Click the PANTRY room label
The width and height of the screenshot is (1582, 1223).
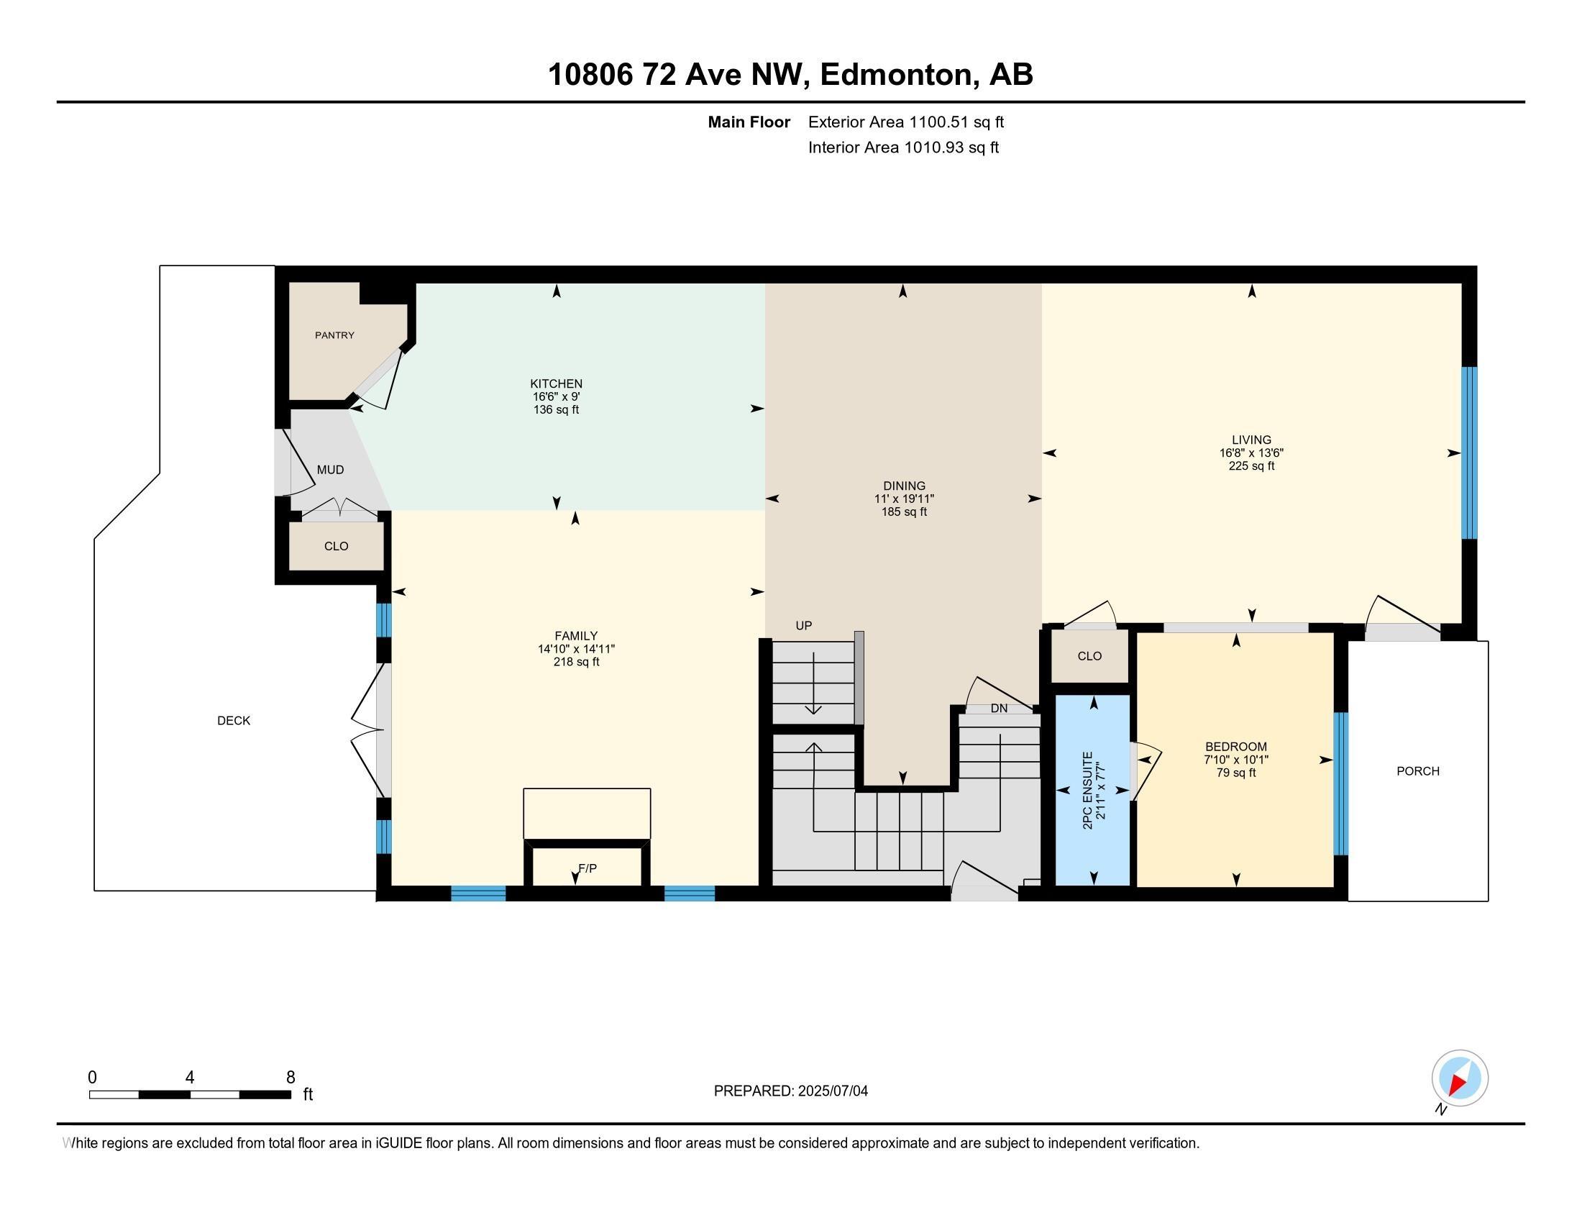[334, 335]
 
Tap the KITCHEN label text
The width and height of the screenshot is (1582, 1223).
[556, 383]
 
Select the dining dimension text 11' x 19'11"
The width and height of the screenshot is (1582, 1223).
[903, 499]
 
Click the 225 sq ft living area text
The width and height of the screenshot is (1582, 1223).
[1251, 466]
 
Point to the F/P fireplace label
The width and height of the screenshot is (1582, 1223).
[587, 868]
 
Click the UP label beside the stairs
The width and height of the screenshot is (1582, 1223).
[803, 625]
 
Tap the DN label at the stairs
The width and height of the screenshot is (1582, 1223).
[999, 708]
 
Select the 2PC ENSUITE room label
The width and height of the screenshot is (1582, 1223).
[1087, 791]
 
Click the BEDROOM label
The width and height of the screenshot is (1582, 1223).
[1235, 746]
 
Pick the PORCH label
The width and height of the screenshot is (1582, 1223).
[1417, 771]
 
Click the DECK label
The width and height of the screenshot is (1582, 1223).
[233, 720]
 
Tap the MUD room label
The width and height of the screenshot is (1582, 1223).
[330, 470]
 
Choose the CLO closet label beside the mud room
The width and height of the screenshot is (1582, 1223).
[336, 545]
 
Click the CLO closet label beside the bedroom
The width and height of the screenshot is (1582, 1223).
[1089, 655]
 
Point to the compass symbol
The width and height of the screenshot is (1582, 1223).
[1460, 1078]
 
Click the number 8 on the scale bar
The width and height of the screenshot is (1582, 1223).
[291, 1078]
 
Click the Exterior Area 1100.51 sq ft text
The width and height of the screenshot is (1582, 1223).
[905, 122]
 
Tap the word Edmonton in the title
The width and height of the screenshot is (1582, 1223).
[896, 75]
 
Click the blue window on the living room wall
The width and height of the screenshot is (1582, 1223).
[1468, 453]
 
